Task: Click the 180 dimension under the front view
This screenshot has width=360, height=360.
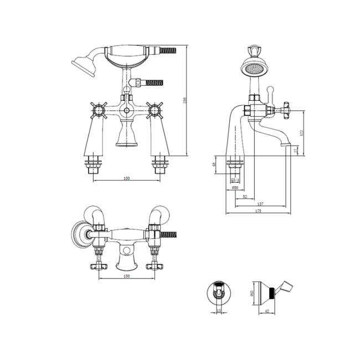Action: point(126,178)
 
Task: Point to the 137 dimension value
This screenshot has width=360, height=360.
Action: point(260,204)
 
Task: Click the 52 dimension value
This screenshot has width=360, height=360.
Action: point(244,196)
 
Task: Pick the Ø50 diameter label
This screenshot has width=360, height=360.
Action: point(235,188)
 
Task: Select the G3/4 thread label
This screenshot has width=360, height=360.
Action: point(235,179)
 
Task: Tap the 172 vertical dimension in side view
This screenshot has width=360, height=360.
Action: point(302,133)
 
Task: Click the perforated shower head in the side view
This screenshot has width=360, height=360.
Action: point(254,71)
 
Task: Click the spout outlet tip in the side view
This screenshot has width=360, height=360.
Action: point(286,146)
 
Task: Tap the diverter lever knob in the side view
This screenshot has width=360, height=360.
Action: point(270,89)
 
